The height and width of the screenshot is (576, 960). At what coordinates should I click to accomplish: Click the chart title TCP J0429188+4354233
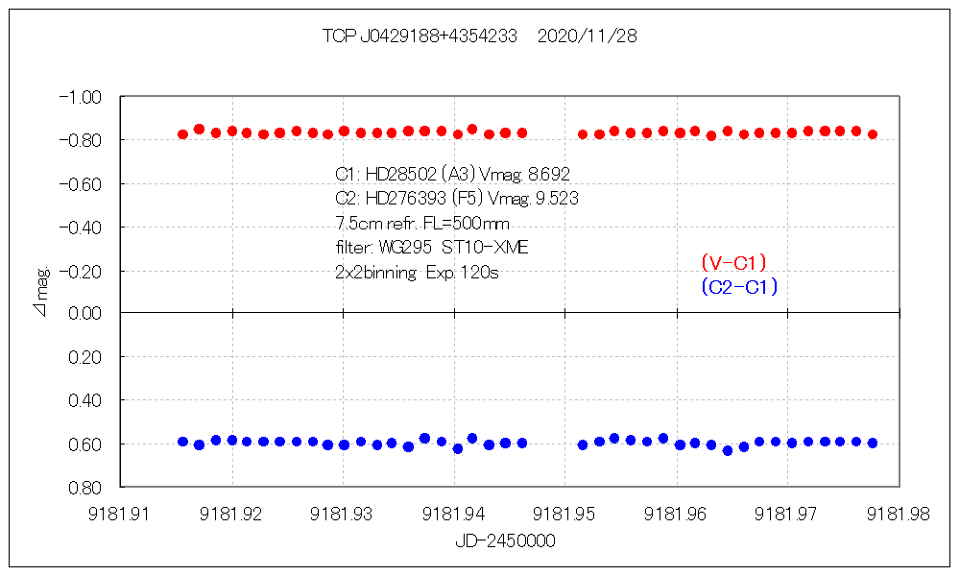coord(420,36)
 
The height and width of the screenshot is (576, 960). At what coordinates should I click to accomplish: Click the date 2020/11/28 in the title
coord(588,36)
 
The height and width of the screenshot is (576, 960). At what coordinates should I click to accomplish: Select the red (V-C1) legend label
coord(733,262)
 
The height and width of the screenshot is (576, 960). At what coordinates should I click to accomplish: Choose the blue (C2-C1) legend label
coord(738,286)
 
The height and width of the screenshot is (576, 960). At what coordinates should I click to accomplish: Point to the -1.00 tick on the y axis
coord(80,97)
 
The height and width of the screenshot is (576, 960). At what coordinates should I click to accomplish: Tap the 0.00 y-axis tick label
coord(84,313)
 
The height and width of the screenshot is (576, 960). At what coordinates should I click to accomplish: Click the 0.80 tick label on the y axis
coord(84,487)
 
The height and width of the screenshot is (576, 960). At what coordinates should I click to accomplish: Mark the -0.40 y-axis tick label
coord(80,227)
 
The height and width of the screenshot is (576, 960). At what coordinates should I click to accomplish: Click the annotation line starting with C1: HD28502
coord(452,174)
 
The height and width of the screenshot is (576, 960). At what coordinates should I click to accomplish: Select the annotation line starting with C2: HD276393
coord(456,199)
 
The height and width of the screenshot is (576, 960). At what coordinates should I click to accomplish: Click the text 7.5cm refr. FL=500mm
coord(422,224)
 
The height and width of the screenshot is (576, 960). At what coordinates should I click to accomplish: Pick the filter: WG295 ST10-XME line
coord(431,248)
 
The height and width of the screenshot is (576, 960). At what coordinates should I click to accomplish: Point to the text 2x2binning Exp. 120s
coord(417,272)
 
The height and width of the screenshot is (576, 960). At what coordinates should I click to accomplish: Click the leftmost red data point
coord(183,134)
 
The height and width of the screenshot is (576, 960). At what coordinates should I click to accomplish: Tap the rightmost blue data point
coord(873,443)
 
